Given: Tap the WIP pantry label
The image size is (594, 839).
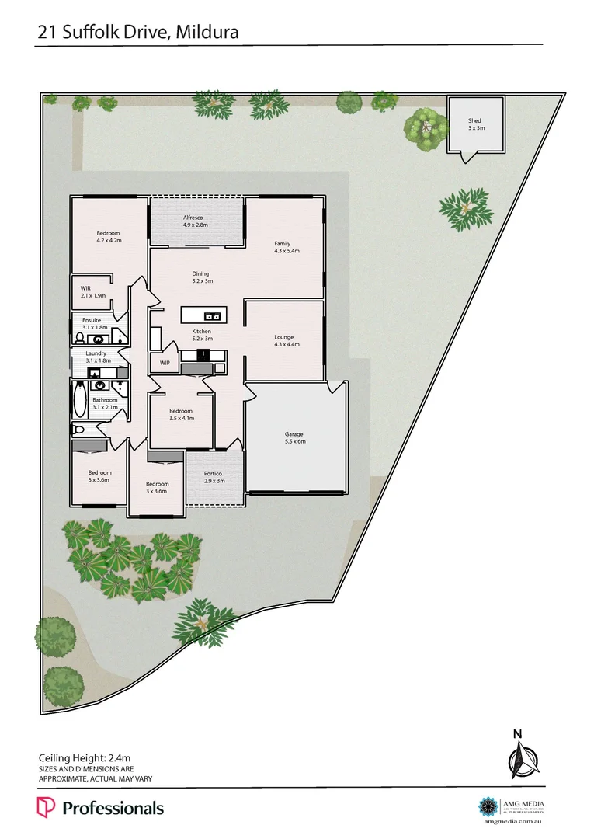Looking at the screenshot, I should pyautogui.click(x=165, y=363).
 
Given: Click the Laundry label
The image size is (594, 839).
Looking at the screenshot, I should pyautogui.click(x=96, y=353).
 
